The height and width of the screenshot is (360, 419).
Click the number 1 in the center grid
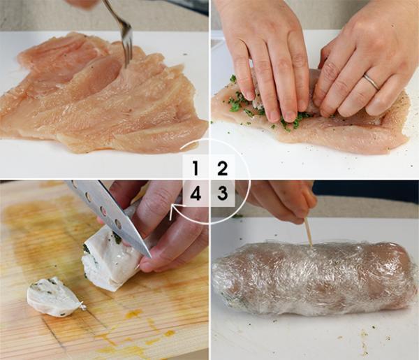196,168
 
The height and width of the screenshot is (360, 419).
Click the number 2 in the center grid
221,168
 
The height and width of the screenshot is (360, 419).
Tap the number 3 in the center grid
221,194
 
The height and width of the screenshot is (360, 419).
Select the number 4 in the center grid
196,194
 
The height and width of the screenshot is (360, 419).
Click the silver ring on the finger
371,82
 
